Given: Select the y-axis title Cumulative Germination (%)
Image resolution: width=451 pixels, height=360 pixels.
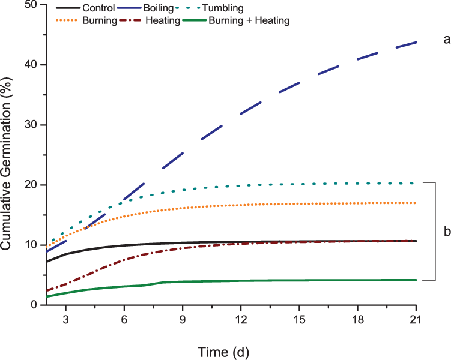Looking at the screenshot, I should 8,155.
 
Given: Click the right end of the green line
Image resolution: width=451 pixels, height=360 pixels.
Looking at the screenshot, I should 416,280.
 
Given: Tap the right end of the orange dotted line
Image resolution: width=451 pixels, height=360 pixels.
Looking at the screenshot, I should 416,203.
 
